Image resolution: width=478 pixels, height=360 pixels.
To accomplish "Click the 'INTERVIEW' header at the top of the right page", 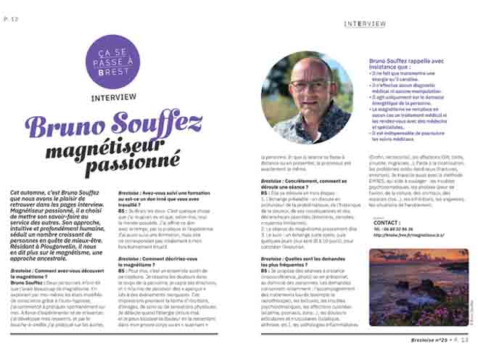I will (x=365, y=23).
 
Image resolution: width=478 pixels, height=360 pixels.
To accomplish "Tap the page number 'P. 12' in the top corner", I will (x=10, y=8).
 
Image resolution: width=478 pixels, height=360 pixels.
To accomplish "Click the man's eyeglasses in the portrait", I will (x=308, y=86).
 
